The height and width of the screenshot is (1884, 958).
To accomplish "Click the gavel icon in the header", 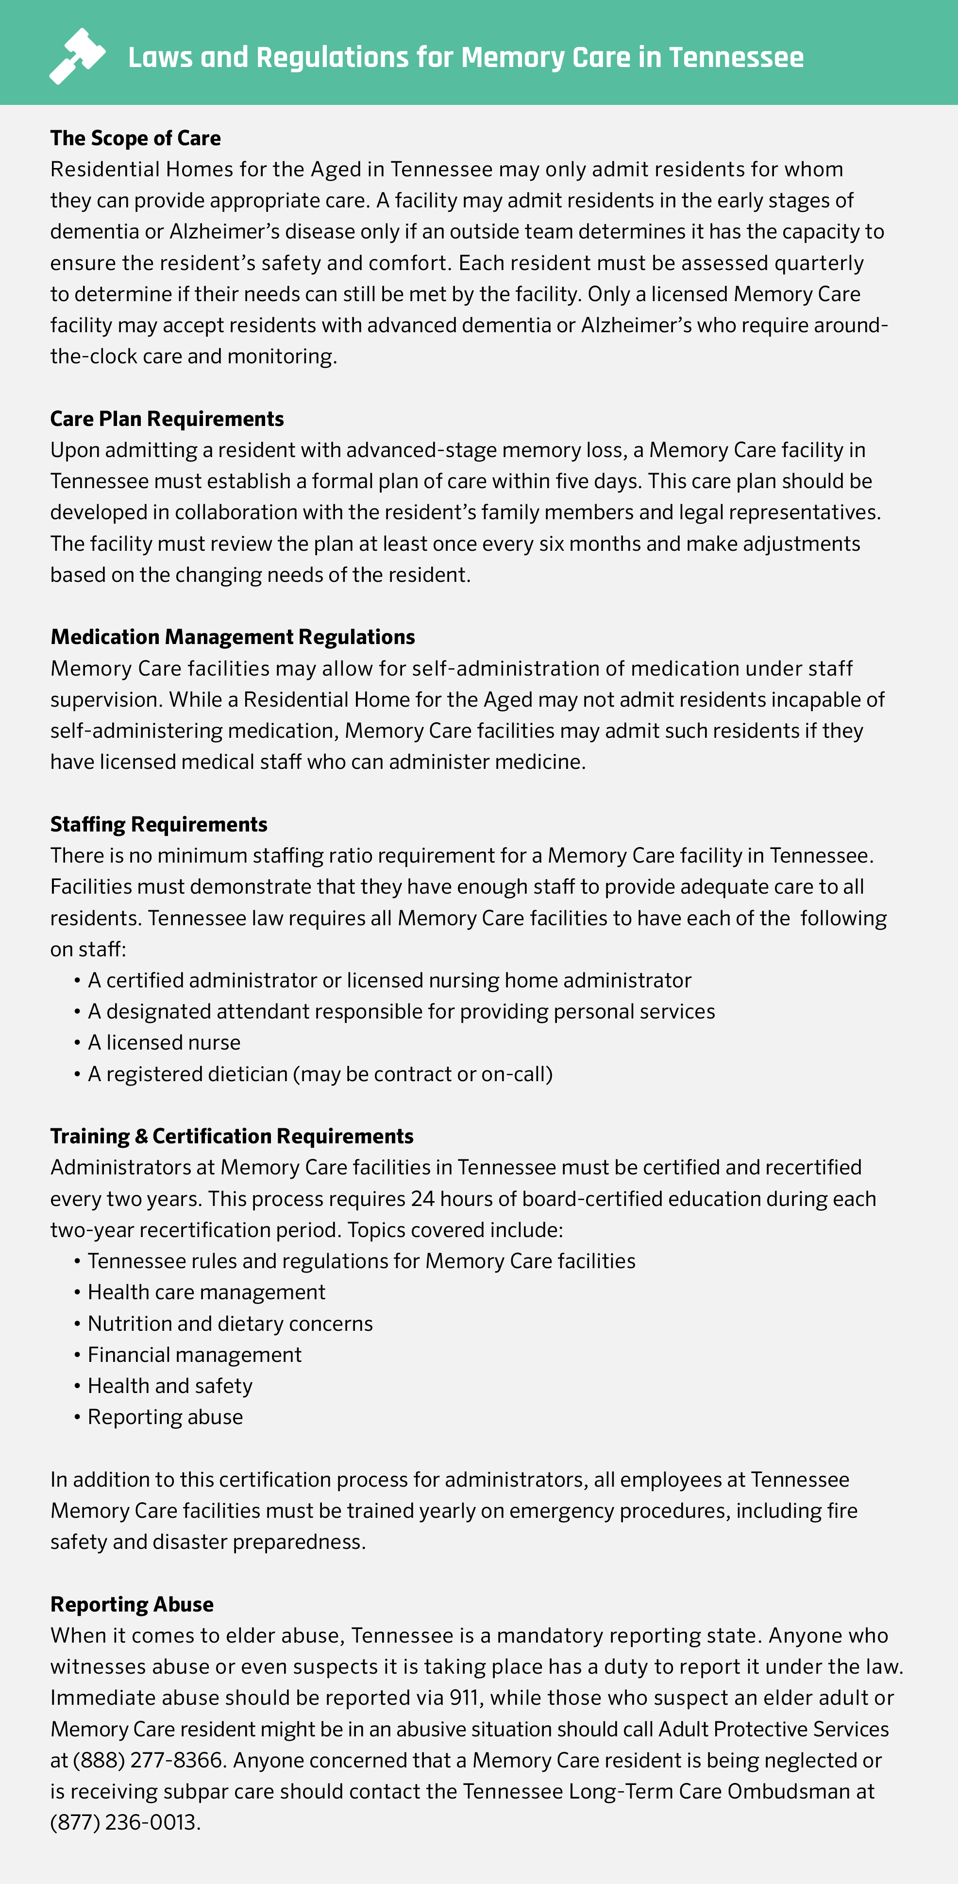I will (77, 56).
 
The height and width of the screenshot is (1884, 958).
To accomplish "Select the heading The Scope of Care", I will (135, 138).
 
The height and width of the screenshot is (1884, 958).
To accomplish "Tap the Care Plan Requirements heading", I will (167, 419).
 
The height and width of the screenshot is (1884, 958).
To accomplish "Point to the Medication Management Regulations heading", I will (233, 637).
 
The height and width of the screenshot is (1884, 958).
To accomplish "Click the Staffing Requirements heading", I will (159, 824).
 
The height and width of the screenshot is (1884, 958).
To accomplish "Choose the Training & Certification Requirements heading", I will (232, 1136).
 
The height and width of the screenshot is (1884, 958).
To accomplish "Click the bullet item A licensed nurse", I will (164, 1043).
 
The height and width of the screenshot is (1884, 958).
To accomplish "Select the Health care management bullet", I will (206, 1292).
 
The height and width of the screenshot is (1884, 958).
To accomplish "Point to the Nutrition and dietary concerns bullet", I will (230, 1324).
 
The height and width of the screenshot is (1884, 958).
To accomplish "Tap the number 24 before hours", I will (423, 1199).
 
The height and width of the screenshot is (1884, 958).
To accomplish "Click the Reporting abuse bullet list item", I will (165, 1417).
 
